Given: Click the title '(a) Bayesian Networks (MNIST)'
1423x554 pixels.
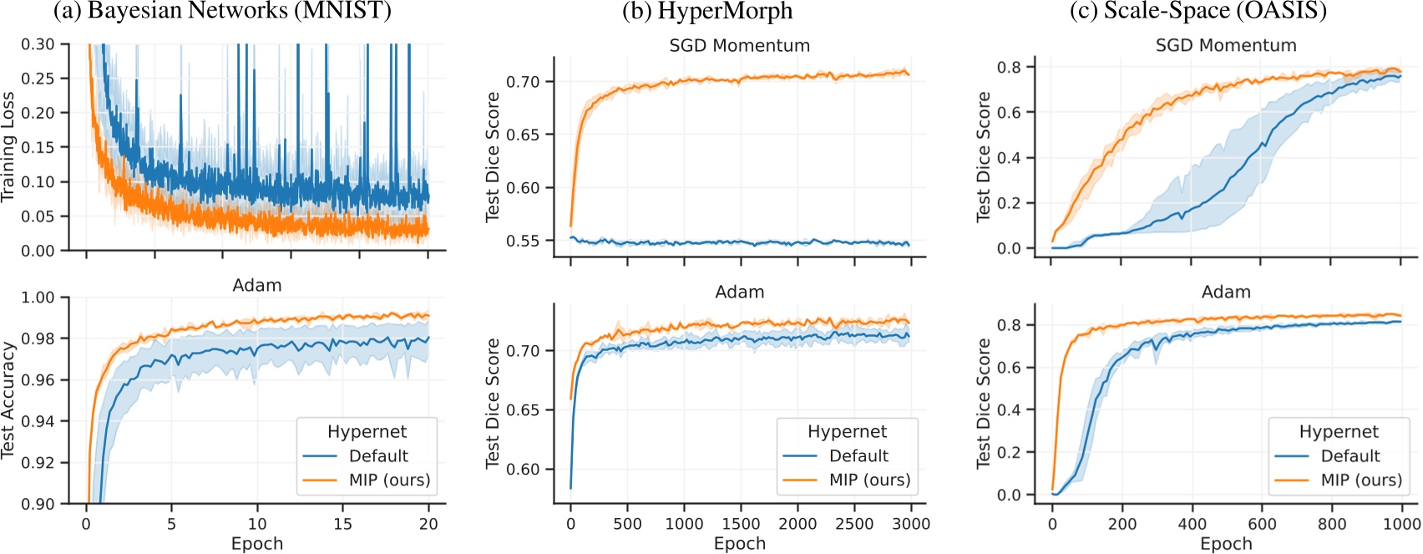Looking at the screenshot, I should [x=221, y=11].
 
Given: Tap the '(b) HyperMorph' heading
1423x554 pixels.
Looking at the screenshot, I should [x=706, y=11].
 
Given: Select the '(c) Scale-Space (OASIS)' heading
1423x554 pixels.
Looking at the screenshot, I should [x=1186, y=11].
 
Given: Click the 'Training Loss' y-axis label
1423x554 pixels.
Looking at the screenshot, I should [x=9, y=146].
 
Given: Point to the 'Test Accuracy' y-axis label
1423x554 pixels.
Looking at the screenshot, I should [x=9, y=399].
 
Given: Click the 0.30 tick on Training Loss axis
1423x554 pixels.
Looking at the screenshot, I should [x=38, y=43].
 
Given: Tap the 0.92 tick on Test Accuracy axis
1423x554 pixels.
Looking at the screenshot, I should [x=38, y=462].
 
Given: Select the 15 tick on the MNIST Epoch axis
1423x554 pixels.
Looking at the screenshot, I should [x=342, y=524].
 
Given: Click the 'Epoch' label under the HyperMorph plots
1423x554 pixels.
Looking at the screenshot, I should [x=739, y=544].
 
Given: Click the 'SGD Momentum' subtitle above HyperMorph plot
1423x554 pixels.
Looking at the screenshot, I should [x=739, y=46].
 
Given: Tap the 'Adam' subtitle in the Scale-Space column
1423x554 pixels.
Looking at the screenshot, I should [x=1225, y=292].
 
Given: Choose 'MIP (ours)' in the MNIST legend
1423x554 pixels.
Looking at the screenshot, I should [x=389, y=480].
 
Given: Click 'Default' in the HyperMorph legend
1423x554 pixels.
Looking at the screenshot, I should [x=858, y=455].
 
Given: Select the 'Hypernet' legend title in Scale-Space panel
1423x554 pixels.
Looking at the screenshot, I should [x=1338, y=431].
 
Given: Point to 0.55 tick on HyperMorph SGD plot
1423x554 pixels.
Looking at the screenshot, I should [x=523, y=241].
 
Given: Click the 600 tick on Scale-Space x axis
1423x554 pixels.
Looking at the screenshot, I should [x=1262, y=524].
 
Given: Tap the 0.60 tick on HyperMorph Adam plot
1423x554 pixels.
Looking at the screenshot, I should [x=523, y=469].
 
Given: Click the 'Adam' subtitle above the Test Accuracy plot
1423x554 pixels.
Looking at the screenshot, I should [x=256, y=286].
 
